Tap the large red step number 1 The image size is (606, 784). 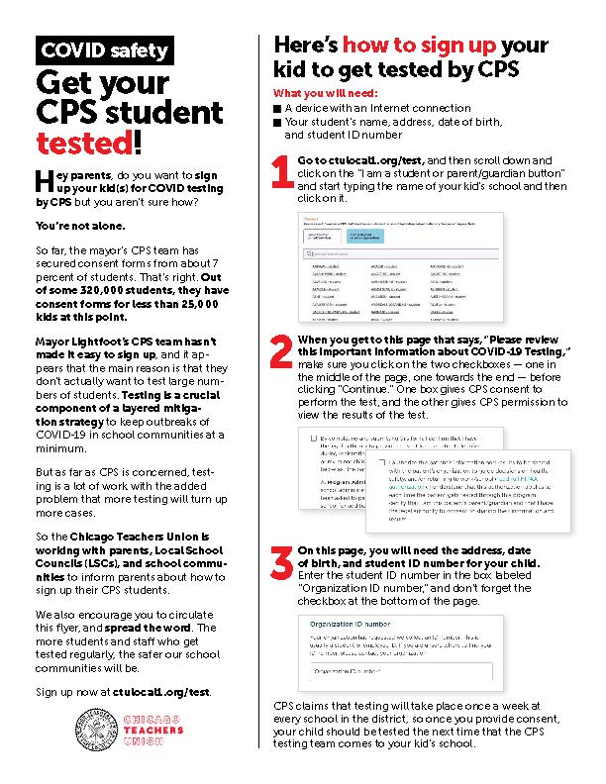click(x=281, y=171)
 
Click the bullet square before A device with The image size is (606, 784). click(x=276, y=107)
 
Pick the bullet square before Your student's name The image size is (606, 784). click(x=276, y=122)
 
